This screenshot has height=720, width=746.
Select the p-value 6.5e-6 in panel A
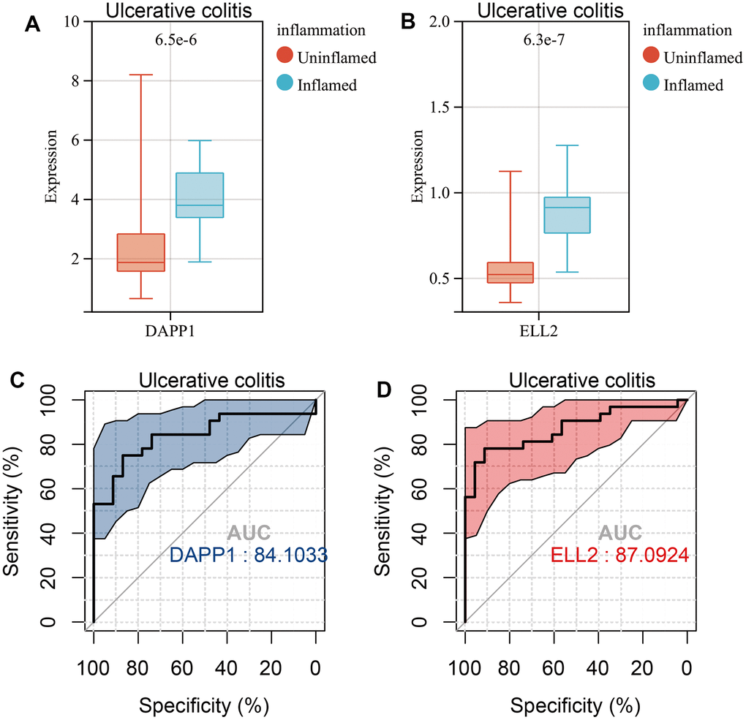[170, 40]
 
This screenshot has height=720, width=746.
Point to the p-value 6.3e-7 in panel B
[540, 40]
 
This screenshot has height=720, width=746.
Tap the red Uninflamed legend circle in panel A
[285, 57]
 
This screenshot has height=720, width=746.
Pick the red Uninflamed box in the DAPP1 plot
[141, 252]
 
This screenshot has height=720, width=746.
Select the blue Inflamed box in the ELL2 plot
[567, 215]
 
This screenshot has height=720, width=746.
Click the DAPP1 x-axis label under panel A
[170, 330]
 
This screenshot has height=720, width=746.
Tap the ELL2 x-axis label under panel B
[540, 330]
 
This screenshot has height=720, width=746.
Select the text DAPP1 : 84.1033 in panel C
[248, 556]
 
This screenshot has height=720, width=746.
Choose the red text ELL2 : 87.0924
[619, 556]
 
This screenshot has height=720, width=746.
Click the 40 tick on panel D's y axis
[441, 534]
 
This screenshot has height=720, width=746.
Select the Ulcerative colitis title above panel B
[540, 10]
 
